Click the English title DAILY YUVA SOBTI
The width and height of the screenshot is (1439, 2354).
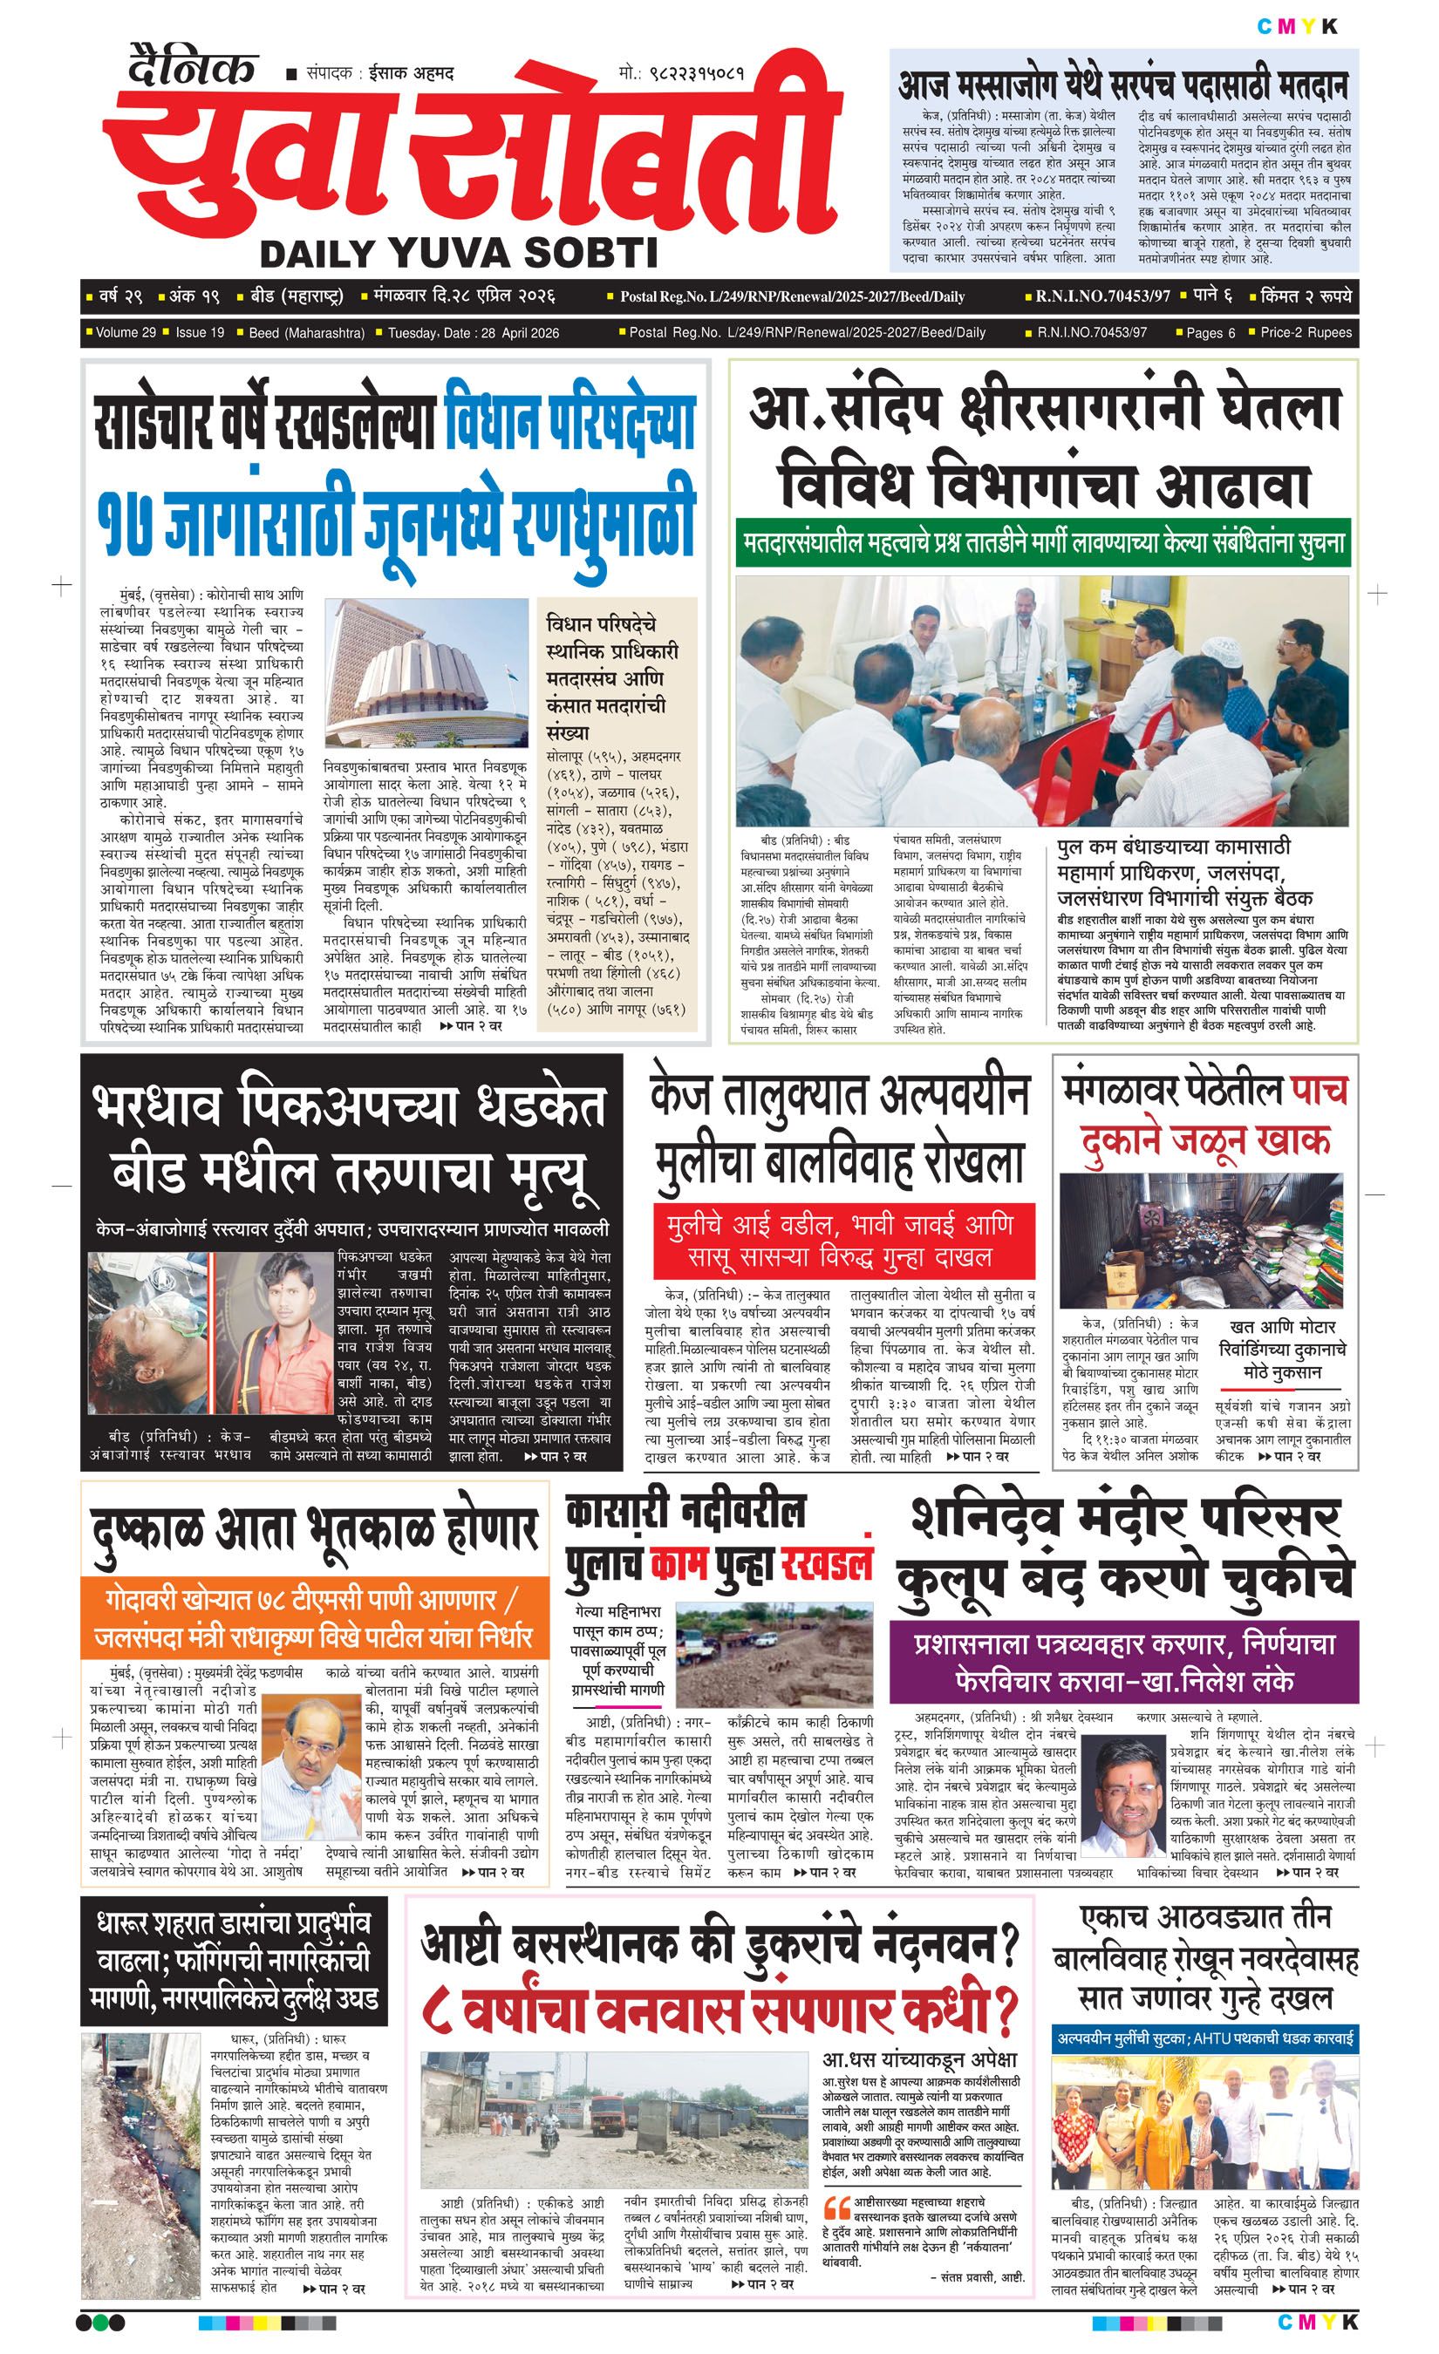[x=459, y=253]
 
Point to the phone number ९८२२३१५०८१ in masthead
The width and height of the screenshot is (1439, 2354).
[x=693, y=72]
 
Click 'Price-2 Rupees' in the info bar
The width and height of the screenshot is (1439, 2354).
[x=1306, y=332]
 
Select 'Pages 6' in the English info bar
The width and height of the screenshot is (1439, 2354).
[x=1210, y=332]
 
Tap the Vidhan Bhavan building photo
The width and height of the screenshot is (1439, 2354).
[x=426, y=670]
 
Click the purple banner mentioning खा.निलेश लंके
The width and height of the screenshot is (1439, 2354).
[x=1122, y=1663]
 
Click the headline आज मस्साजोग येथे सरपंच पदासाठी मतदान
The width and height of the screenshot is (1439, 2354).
[x=1122, y=86]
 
